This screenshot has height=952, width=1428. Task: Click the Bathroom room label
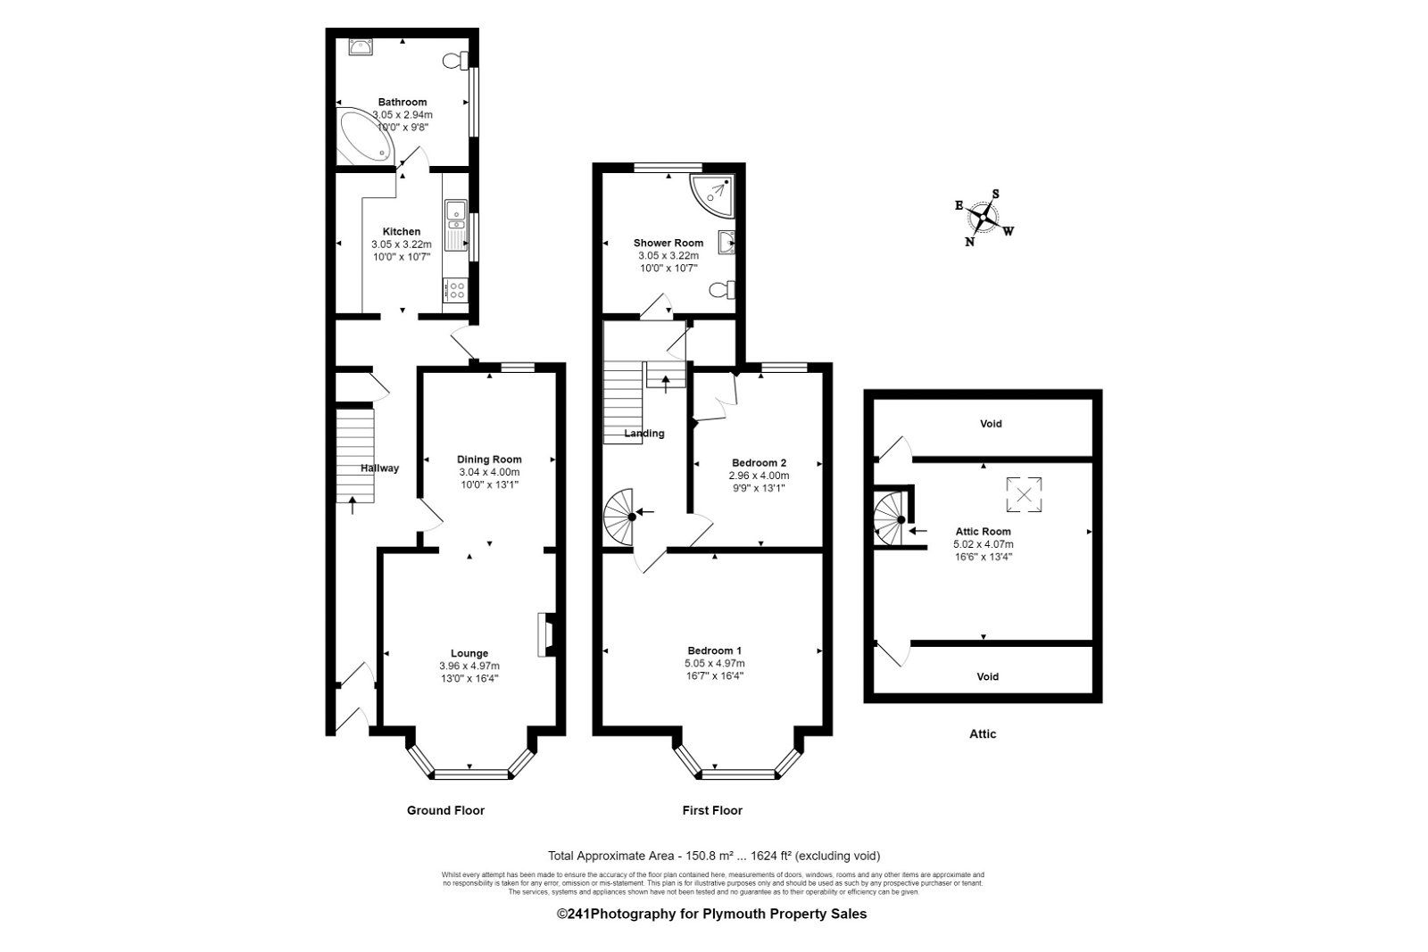pos(402,102)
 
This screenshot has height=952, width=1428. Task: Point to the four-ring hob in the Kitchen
pos(455,290)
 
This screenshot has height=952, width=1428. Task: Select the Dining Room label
pos(489,459)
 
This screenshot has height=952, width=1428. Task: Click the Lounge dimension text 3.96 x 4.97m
pos(469,666)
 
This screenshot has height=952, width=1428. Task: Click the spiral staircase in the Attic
pos(890,520)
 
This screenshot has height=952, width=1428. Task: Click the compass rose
pos(984,217)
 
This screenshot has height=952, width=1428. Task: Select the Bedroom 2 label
pos(759,462)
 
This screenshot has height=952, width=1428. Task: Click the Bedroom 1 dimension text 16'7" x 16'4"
pos(714,675)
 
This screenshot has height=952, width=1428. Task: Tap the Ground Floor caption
pos(445,810)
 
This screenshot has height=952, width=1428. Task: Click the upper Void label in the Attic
pos(991,424)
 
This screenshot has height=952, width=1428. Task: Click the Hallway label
pos(379,468)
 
